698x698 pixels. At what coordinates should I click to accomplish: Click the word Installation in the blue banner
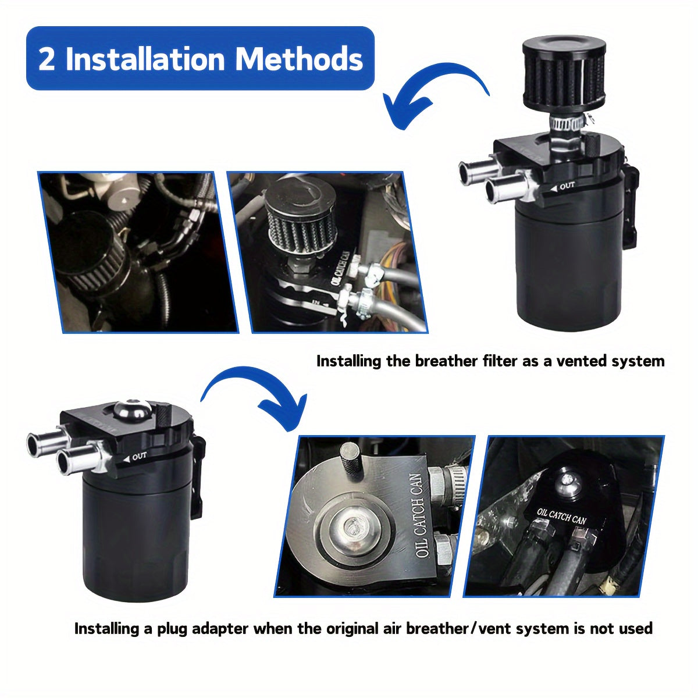145,59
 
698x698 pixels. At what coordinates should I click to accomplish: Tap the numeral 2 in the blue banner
47,59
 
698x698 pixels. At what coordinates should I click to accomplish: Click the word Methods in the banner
299,59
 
